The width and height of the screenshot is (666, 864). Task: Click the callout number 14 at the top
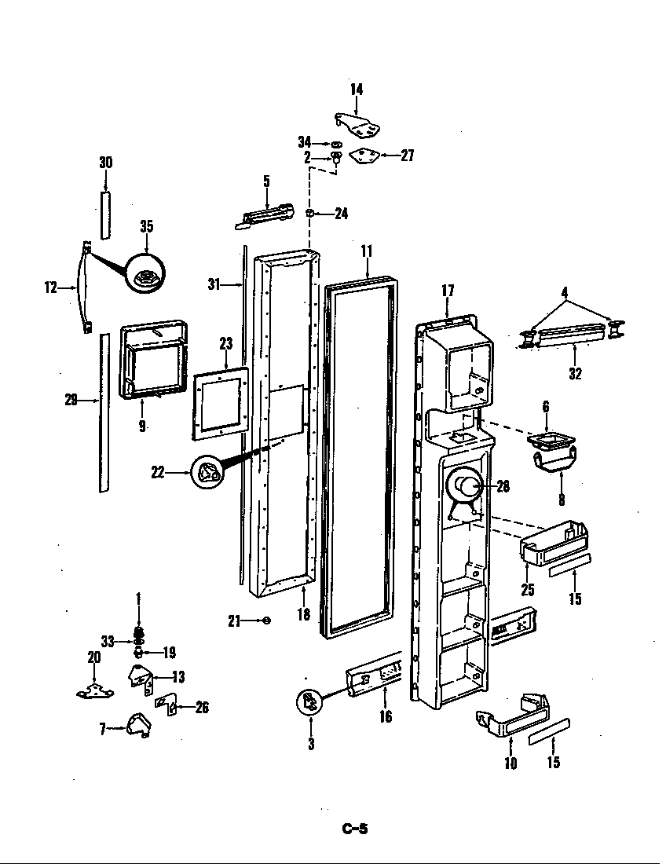point(357,90)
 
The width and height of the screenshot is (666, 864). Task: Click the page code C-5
point(355,828)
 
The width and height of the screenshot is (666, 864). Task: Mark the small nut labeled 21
point(266,621)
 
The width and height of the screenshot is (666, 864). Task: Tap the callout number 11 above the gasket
point(366,251)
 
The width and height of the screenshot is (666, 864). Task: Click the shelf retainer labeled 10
point(514,716)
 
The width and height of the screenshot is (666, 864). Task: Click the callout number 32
point(575,374)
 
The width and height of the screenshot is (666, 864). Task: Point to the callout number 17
point(448,291)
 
